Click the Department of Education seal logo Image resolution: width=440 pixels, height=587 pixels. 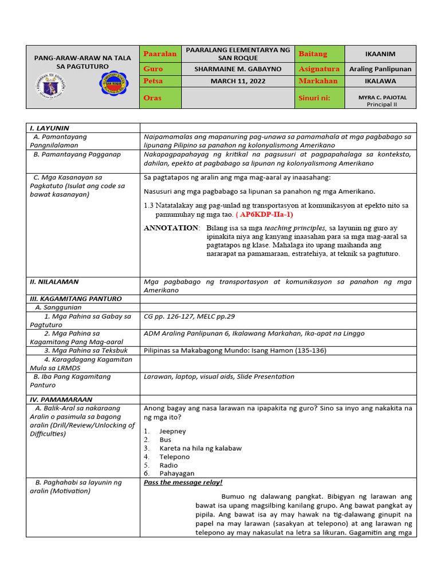pyautogui.click(x=50, y=85)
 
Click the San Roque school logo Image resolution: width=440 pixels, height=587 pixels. pyautogui.click(x=115, y=85)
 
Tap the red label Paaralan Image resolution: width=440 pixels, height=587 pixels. pyautogui.click(x=160, y=53)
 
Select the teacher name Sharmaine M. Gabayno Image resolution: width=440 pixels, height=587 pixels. pyautogui.click(x=238, y=68)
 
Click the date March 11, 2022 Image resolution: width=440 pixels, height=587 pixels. pyautogui.click(x=238, y=81)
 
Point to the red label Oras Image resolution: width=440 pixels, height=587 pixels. pyautogui.click(x=152, y=97)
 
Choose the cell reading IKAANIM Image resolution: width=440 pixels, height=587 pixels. pyautogui.click(x=380, y=54)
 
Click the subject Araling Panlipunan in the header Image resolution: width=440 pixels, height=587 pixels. pyautogui.click(x=380, y=68)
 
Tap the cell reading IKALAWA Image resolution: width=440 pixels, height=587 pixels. pyautogui.click(x=380, y=81)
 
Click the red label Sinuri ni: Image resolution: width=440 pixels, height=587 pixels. pyautogui.click(x=315, y=98)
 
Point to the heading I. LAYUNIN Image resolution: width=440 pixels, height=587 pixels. pyautogui.click(x=49, y=128)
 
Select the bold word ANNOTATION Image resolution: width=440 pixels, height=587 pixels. pyautogui.click(x=170, y=228)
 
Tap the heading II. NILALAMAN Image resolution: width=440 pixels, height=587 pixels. pyautogui.click(x=54, y=281)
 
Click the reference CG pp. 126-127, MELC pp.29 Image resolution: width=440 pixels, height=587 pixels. pyautogui.click(x=189, y=316)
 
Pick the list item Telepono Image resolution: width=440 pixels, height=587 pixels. pyautogui.click(x=174, y=457)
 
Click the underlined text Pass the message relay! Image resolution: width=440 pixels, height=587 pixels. pyautogui.click(x=183, y=483)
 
